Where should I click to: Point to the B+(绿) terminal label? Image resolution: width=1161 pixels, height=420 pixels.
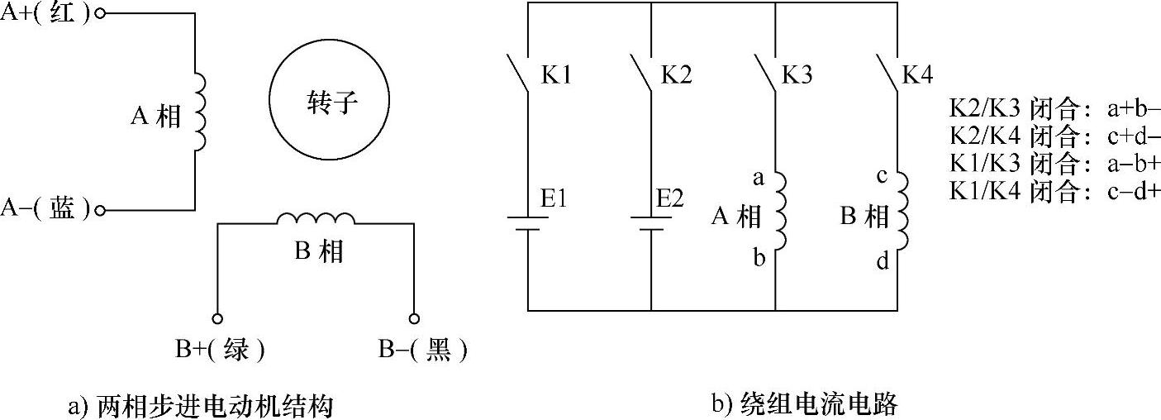[220, 351]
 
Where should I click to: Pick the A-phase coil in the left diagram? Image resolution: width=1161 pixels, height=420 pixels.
[199, 112]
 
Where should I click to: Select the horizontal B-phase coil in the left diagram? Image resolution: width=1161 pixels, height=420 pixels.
[316, 219]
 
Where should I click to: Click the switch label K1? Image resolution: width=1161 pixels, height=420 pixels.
[557, 76]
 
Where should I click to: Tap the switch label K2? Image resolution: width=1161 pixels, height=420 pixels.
[677, 76]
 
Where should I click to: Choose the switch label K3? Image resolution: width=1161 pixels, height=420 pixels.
[797, 76]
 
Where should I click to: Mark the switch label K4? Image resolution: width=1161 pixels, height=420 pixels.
[917, 76]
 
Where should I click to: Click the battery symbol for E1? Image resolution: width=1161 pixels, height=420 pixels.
[528, 224]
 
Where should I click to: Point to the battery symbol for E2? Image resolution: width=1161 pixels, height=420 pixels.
[652, 224]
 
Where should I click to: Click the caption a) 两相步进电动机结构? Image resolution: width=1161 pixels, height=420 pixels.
[202, 406]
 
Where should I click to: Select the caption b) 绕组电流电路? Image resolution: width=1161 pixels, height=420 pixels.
[803, 405]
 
